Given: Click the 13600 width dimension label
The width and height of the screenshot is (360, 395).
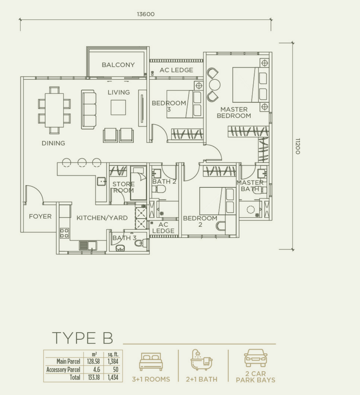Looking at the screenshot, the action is (x=146, y=14).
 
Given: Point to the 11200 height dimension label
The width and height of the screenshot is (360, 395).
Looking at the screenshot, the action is (x=298, y=146).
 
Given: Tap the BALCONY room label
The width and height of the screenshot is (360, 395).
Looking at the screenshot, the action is (x=118, y=65).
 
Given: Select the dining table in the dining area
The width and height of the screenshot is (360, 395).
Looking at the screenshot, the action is (x=54, y=110).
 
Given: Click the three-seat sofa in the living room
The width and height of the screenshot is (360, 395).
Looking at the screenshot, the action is (x=89, y=110).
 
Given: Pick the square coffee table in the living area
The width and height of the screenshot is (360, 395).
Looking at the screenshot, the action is (x=118, y=107).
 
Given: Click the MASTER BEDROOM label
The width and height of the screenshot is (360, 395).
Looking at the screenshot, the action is (x=234, y=112).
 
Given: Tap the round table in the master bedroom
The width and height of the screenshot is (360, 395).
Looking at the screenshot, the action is (x=215, y=85).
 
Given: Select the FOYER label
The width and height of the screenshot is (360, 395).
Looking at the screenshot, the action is (x=40, y=216).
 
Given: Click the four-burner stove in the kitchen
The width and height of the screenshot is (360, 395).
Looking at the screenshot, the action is (x=64, y=233).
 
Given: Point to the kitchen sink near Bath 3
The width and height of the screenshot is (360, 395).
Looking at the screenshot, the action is (x=88, y=246).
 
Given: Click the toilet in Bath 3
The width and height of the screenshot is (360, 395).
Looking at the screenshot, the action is (x=139, y=243).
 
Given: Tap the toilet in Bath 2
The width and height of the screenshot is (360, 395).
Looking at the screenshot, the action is (x=159, y=189).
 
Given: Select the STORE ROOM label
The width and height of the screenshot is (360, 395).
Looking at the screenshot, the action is (x=123, y=187).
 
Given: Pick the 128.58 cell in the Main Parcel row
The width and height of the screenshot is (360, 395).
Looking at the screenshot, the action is (x=94, y=361).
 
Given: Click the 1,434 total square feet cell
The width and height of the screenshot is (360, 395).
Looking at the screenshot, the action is (x=113, y=377).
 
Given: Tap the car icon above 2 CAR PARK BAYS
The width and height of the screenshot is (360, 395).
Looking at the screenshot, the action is (x=256, y=358).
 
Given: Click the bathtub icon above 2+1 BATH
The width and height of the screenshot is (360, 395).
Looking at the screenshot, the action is (x=202, y=360).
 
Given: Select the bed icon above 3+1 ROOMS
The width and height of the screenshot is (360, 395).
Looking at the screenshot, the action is (x=151, y=362).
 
